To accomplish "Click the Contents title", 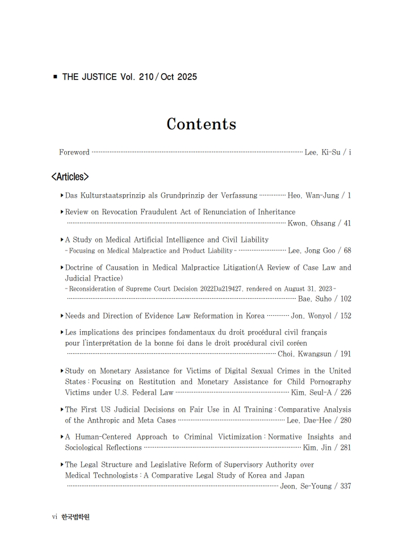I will click(201, 124).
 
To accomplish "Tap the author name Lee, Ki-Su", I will click(322, 152).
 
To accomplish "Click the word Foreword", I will click(74, 152).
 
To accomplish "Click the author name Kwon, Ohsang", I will click(311, 223).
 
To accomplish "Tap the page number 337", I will click(345, 486).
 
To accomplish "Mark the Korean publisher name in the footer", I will click(75, 517).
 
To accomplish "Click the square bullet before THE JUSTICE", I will click(55, 77).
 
